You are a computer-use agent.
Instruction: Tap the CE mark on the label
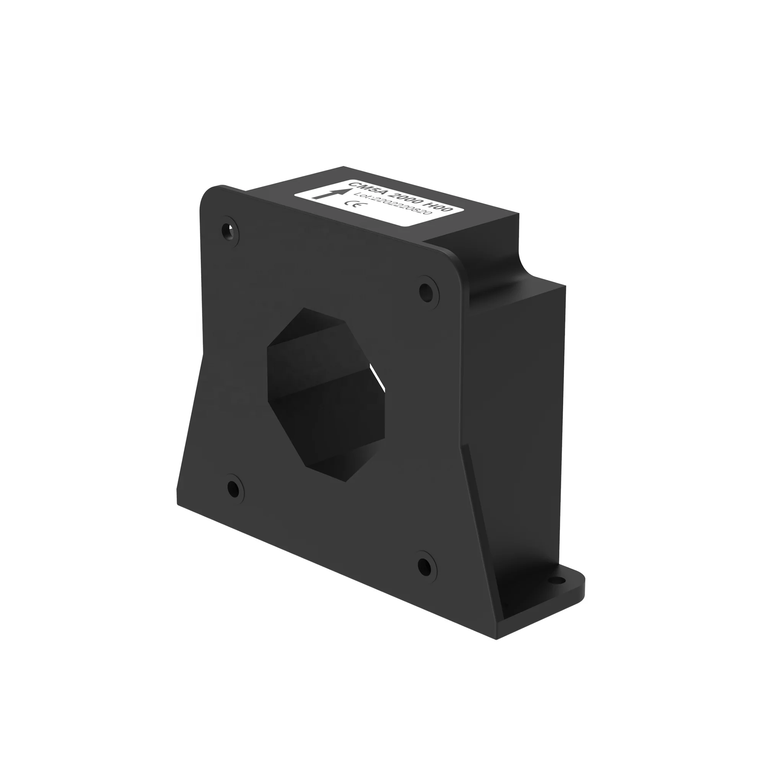pyautogui.click(x=352, y=205)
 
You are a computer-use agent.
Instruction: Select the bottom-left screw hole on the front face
pyautogui.click(x=234, y=488)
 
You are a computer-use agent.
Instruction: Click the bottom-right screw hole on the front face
pyautogui.click(x=425, y=566)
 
